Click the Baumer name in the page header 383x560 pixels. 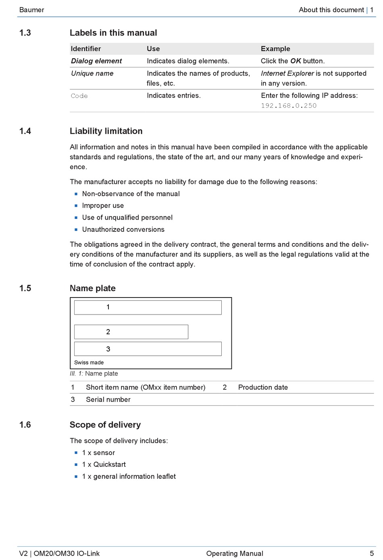click(31, 10)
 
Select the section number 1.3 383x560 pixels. click(25, 33)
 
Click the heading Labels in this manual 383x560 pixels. click(113, 33)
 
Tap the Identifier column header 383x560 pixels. click(86, 48)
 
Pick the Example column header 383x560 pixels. click(275, 48)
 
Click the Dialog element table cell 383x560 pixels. click(96, 61)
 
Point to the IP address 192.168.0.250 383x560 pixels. click(289, 106)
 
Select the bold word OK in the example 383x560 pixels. click(296, 61)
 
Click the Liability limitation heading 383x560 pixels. click(106, 131)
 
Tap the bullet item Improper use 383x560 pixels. click(103, 206)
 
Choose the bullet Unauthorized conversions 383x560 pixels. click(123, 229)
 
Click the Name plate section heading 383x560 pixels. click(93, 288)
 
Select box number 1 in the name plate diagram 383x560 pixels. click(148, 307)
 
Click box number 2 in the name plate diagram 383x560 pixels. click(131, 332)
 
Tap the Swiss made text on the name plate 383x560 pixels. click(89, 363)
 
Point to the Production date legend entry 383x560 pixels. click(263, 387)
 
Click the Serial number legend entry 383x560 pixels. click(108, 399)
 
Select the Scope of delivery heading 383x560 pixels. click(105, 425)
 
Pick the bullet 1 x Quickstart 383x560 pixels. click(104, 464)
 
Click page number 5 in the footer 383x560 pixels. click(372, 554)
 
